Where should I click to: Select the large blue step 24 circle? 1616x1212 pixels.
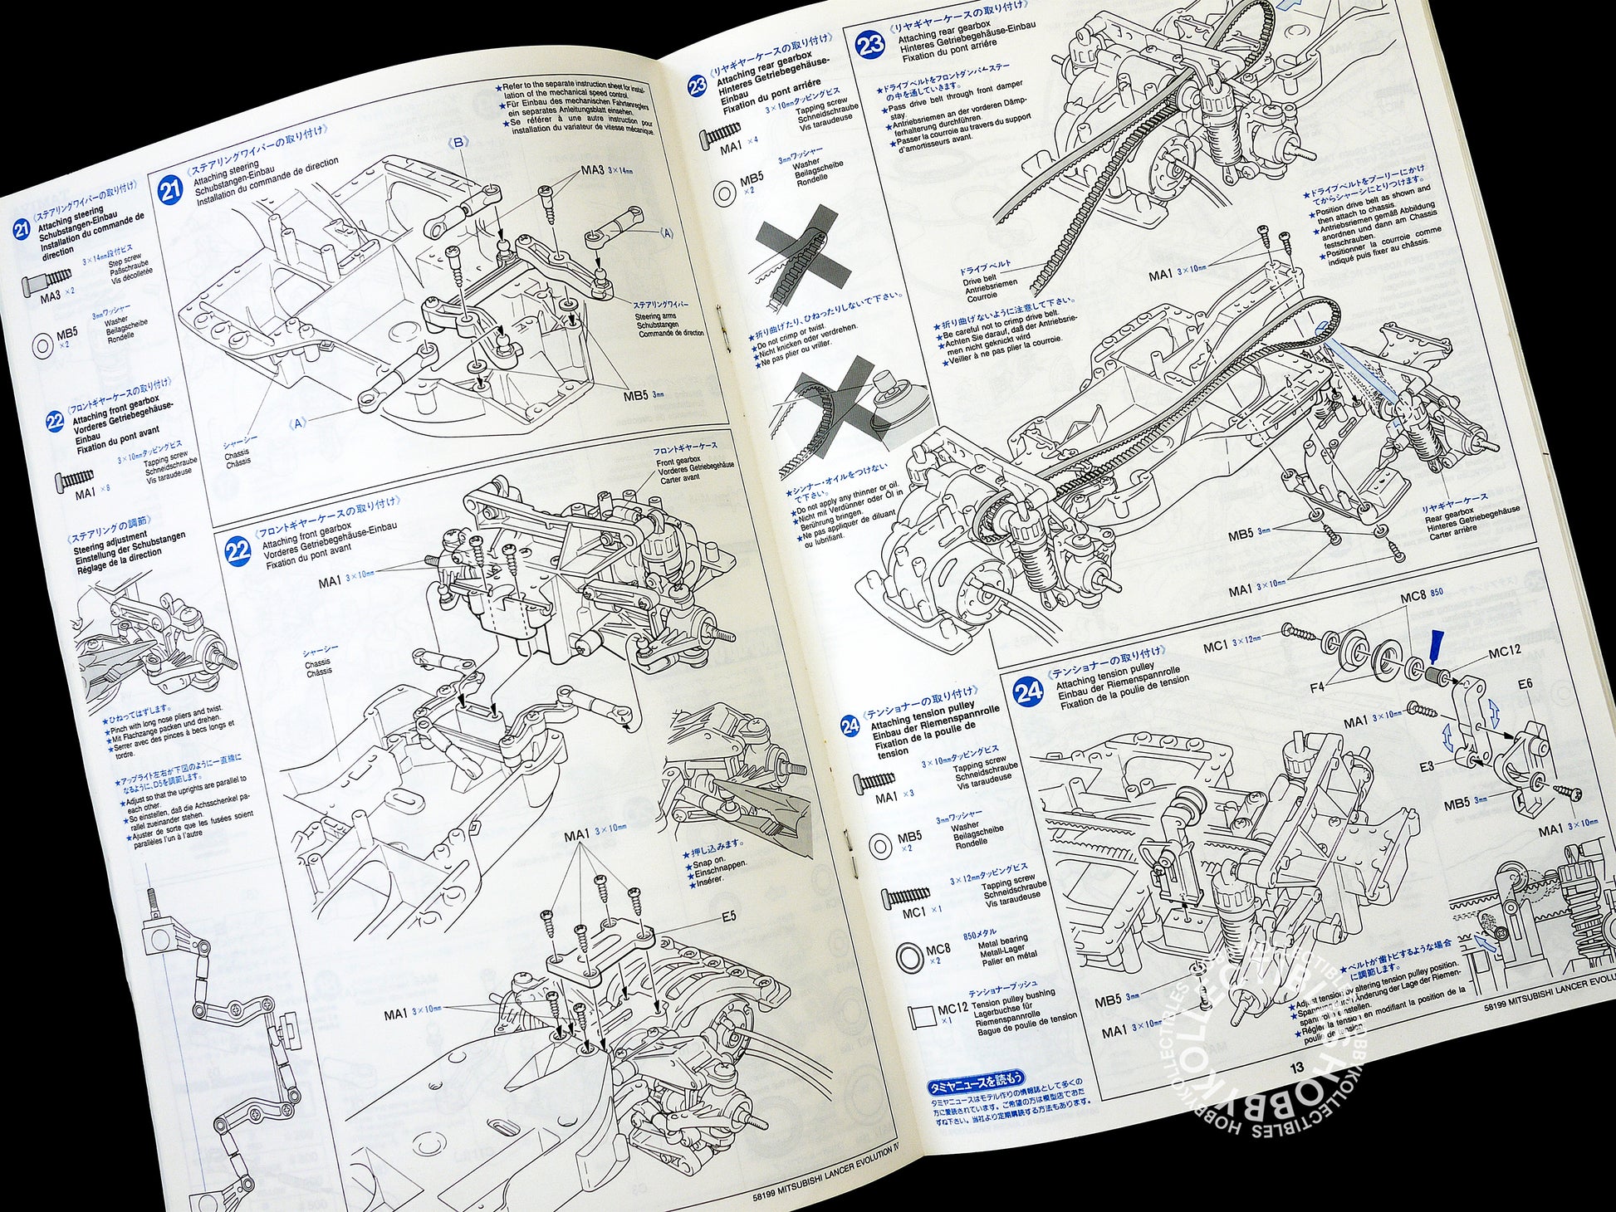point(1028,691)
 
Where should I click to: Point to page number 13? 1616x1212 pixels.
point(1296,1068)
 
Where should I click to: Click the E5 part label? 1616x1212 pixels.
point(728,916)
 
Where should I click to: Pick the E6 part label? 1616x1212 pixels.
point(1525,684)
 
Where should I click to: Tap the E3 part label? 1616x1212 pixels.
point(1426,766)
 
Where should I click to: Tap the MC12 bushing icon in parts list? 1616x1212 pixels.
point(921,1014)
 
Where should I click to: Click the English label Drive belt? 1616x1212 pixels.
point(980,280)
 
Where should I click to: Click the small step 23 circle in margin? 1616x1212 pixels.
point(698,86)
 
